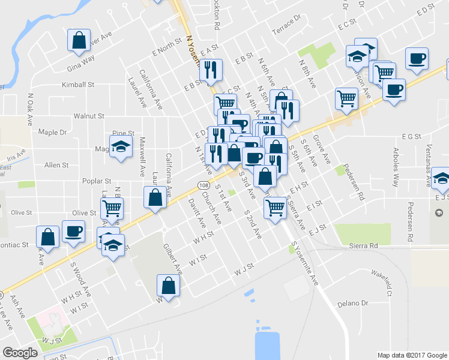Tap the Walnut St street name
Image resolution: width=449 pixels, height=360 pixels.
click(89, 116)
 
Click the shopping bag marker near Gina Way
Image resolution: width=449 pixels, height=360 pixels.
click(79, 40)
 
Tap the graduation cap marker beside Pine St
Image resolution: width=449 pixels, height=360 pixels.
click(121, 147)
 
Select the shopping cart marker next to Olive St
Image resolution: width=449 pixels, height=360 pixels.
click(112, 209)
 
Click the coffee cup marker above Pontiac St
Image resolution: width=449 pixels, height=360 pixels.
click(74, 232)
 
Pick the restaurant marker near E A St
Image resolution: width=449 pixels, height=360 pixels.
click(211, 70)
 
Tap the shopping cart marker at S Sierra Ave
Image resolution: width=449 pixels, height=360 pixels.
click(275, 208)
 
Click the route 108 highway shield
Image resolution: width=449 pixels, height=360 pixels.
click(203, 186)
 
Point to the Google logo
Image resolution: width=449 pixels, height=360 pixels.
click(20, 353)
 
